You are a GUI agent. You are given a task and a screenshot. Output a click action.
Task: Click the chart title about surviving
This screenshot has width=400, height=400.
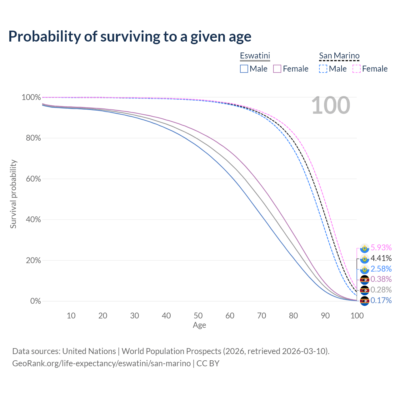[x=130, y=36]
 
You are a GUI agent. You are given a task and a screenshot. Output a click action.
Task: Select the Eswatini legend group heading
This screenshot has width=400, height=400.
[x=255, y=56]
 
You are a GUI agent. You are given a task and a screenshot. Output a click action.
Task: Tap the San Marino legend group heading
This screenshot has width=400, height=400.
[x=339, y=56]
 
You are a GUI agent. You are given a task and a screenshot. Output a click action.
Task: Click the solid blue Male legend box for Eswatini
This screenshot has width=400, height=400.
[x=244, y=69]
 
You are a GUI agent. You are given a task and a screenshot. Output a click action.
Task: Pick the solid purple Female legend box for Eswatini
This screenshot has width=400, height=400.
[x=277, y=69]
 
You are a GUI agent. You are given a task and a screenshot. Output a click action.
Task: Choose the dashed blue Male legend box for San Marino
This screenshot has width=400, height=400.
[x=323, y=69]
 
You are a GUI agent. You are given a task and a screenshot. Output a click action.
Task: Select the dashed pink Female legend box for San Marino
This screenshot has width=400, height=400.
[x=357, y=69]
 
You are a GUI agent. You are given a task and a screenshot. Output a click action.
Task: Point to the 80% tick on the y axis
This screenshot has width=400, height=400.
[x=31, y=138]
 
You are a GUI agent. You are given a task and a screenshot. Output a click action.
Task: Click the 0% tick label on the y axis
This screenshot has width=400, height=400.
[x=35, y=301]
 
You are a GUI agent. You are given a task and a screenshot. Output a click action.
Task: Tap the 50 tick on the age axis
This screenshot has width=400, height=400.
[x=198, y=315]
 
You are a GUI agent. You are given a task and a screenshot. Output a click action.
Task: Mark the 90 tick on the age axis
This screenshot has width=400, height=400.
[x=325, y=315]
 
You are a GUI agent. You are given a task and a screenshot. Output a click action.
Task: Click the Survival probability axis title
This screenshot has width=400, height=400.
[x=13, y=194]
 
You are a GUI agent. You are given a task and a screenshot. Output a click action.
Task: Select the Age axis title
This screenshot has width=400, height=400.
[x=199, y=325]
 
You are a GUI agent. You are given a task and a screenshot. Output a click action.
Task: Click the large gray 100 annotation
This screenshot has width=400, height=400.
[x=331, y=105]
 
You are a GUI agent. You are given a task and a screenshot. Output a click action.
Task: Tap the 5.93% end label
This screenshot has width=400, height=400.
[x=381, y=247]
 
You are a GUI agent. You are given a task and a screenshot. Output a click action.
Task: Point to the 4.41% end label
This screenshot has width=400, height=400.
[x=381, y=258]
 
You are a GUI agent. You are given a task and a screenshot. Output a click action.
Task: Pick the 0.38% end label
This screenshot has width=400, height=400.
[x=381, y=279]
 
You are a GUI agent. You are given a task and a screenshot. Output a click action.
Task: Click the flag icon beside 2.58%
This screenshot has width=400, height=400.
[x=364, y=269]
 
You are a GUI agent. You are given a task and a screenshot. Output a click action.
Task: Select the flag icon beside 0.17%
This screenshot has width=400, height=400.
[x=364, y=301]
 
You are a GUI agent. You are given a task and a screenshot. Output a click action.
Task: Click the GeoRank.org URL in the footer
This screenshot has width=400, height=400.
[x=101, y=363]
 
